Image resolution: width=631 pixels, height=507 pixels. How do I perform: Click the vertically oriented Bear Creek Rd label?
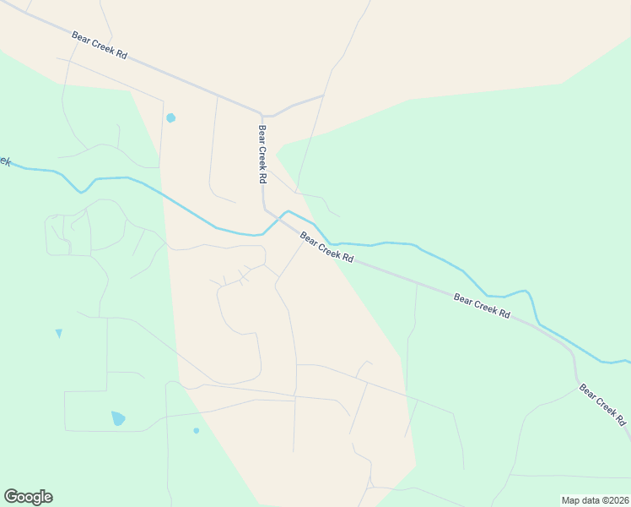click(262, 155)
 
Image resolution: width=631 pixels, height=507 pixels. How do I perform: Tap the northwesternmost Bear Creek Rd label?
click(100, 45)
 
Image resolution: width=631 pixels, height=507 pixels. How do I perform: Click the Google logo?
click(28, 497)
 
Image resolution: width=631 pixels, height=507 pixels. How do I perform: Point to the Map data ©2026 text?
click(594, 499)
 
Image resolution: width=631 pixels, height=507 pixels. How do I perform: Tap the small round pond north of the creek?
click(170, 117)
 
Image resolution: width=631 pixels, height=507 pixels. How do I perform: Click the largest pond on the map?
click(118, 418)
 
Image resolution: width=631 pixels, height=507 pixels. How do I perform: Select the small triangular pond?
click(58, 333)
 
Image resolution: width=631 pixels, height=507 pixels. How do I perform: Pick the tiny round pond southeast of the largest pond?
click(197, 430)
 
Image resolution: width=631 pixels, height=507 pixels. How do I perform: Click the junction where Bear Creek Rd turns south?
click(262, 114)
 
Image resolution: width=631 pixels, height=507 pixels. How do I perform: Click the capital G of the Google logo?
click(11, 497)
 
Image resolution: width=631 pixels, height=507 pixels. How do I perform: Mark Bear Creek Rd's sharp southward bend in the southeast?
click(573, 351)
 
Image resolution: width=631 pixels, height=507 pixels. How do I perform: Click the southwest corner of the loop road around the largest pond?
click(66, 430)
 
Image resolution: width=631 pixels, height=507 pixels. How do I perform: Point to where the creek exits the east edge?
click(628, 361)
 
